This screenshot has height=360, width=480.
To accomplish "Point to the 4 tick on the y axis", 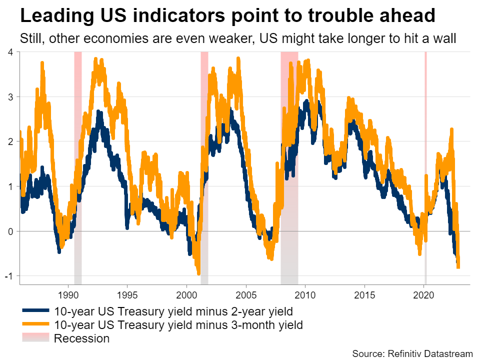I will point(10,51).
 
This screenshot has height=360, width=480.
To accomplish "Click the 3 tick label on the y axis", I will point(10,96).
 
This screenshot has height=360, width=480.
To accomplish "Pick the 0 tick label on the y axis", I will point(10,231).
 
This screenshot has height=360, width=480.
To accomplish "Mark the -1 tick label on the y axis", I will point(9,276).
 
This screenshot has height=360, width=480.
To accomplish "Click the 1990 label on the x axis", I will point(67,294).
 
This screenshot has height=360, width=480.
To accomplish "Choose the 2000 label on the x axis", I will point(186,294).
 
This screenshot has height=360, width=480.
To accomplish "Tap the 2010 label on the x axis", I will point(305,294).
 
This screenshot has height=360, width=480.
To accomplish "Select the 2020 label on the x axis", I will point(424,294).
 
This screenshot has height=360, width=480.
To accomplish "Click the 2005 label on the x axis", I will point(246,294).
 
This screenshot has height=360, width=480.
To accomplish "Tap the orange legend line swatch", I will point(35,325).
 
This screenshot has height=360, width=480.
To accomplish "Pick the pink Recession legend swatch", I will point(35,338).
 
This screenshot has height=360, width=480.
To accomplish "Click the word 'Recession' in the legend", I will point(81,338).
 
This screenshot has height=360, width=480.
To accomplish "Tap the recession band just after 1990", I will point(78,150).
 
